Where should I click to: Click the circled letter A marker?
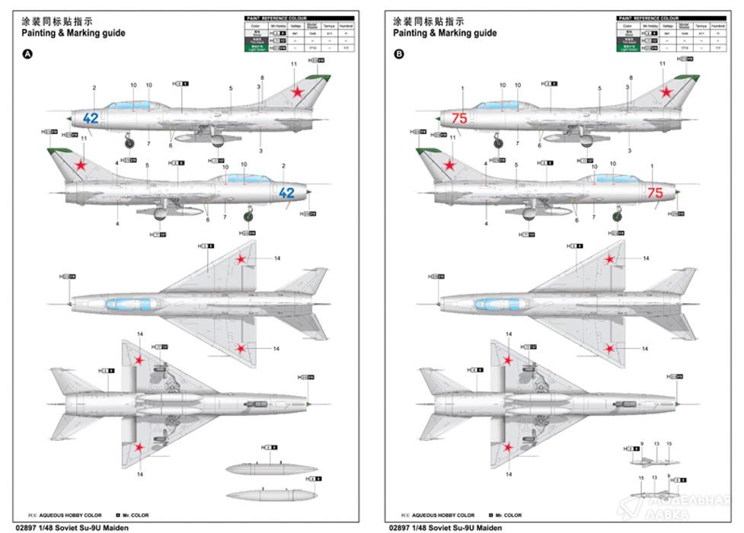28,55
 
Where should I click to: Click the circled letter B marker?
399,55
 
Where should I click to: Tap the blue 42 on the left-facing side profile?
91,118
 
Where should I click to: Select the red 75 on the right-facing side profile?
655,193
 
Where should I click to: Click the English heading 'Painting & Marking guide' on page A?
73,34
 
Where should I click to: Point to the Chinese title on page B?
428,21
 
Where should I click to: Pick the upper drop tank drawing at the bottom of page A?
264,468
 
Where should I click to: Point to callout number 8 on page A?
262,78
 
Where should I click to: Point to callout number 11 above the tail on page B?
663,65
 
